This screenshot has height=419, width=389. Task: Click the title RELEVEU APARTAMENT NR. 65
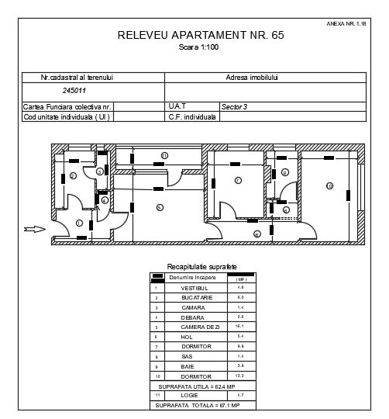tap(195, 35)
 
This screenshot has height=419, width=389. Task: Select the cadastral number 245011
tap(53, 92)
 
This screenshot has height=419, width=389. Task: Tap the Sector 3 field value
tap(234, 106)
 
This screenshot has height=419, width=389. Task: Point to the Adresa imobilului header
tap(252, 78)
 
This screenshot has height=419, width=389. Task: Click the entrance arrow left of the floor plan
tap(34, 228)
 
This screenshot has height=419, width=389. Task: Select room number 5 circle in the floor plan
tap(159, 207)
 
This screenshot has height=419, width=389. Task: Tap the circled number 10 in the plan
tap(329, 186)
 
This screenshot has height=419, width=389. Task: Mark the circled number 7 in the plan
tap(238, 181)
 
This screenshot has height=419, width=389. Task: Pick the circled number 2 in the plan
tap(72, 177)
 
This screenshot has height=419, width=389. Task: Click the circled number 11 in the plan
tap(256, 234)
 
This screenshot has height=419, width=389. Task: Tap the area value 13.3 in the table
tap(240, 376)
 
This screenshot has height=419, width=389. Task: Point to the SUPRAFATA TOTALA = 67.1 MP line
tap(198, 405)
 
